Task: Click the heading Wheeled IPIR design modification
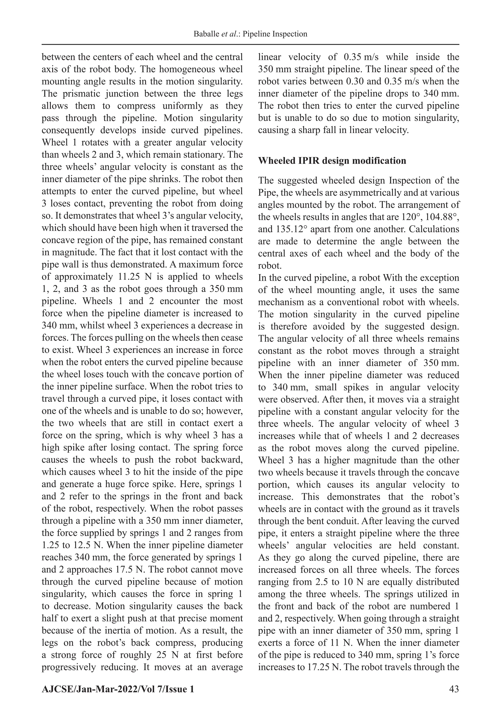point(332,161)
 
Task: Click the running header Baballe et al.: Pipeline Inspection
point(250,34)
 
